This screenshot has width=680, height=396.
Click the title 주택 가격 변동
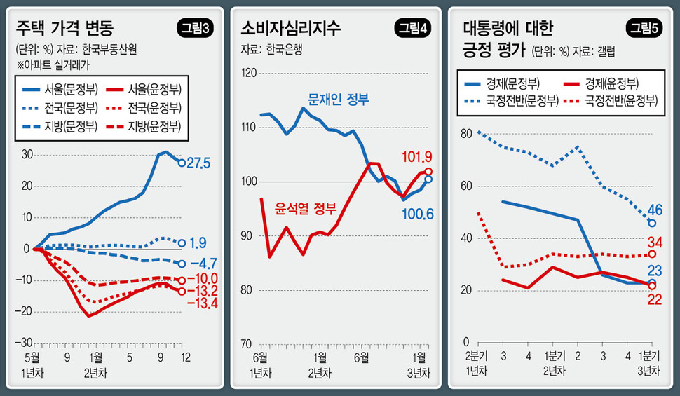point(65,29)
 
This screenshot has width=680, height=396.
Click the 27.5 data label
point(201,163)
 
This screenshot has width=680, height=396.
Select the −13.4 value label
point(202,303)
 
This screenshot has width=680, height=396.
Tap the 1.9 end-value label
point(198,243)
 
